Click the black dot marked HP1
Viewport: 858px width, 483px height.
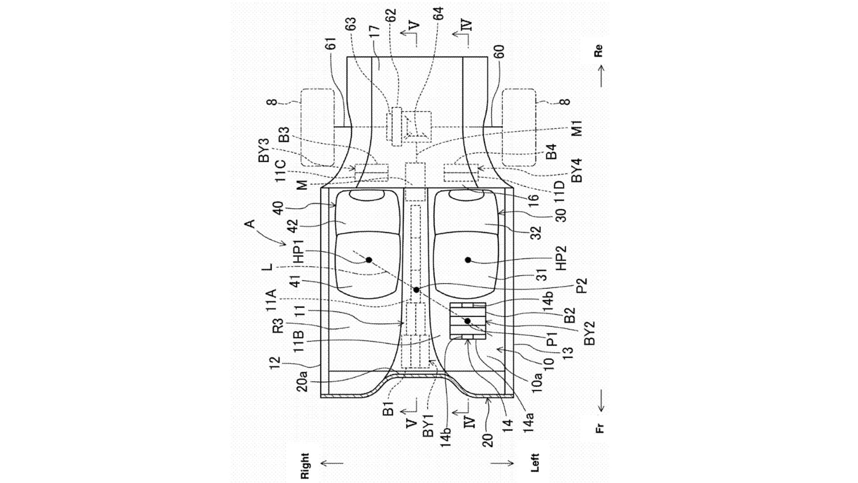[x=369, y=260]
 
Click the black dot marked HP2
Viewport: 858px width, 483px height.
[x=468, y=260]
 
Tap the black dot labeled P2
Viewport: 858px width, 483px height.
[x=416, y=290]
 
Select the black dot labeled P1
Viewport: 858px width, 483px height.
[x=467, y=321]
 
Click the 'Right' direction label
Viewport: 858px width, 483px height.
[x=305, y=466]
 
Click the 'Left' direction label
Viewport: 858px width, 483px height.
[x=535, y=463]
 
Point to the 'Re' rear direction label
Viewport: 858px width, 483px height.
[x=598, y=51]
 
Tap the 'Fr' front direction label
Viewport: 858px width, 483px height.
[x=600, y=428]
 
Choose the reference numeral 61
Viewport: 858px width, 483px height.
[x=330, y=43]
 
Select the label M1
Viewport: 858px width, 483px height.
[x=577, y=128]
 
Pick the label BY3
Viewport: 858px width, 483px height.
[x=264, y=150]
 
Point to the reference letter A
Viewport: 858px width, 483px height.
[x=250, y=224]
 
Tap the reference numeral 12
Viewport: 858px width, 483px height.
[x=275, y=362]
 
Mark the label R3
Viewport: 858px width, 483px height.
[x=278, y=326]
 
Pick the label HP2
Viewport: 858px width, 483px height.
[x=561, y=258]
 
